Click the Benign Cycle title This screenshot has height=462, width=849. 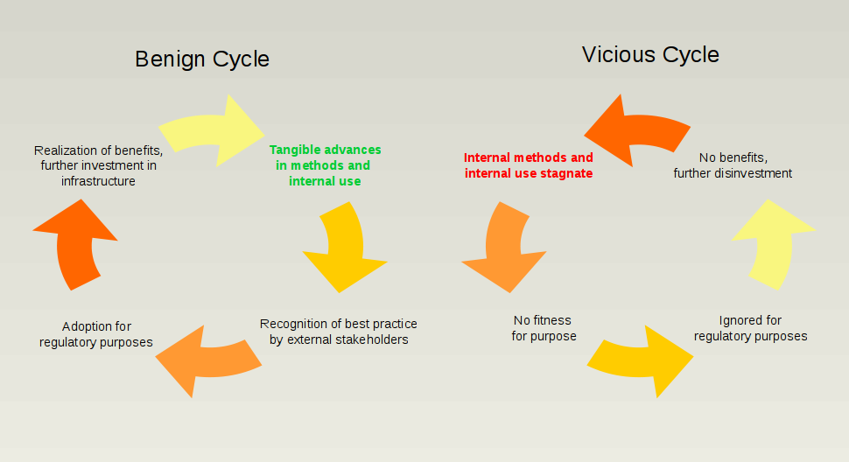(202, 59)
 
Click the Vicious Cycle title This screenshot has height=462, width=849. (650, 55)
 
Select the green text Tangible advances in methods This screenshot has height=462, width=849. (325, 165)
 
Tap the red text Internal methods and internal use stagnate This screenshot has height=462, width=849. (529, 165)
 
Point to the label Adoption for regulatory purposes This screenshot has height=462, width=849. (96, 334)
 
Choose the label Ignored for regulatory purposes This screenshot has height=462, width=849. (750, 328)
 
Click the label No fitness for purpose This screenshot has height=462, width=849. (544, 328)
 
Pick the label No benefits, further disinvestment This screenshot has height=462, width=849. (733, 165)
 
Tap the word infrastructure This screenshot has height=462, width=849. (98, 181)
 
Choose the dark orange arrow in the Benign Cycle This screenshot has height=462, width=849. (74, 246)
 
